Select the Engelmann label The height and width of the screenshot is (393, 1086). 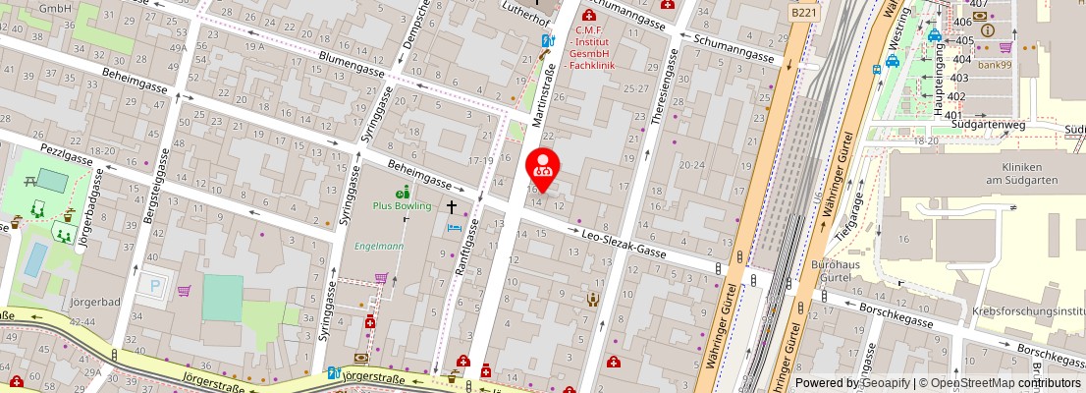[x=379, y=246]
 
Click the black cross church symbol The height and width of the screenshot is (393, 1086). [x=452, y=207]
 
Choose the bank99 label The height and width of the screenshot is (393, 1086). [x=995, y=64]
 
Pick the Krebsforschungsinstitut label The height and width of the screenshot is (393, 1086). [x=1026, y=310]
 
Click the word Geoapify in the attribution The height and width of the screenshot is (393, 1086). [x=886, y=383]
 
